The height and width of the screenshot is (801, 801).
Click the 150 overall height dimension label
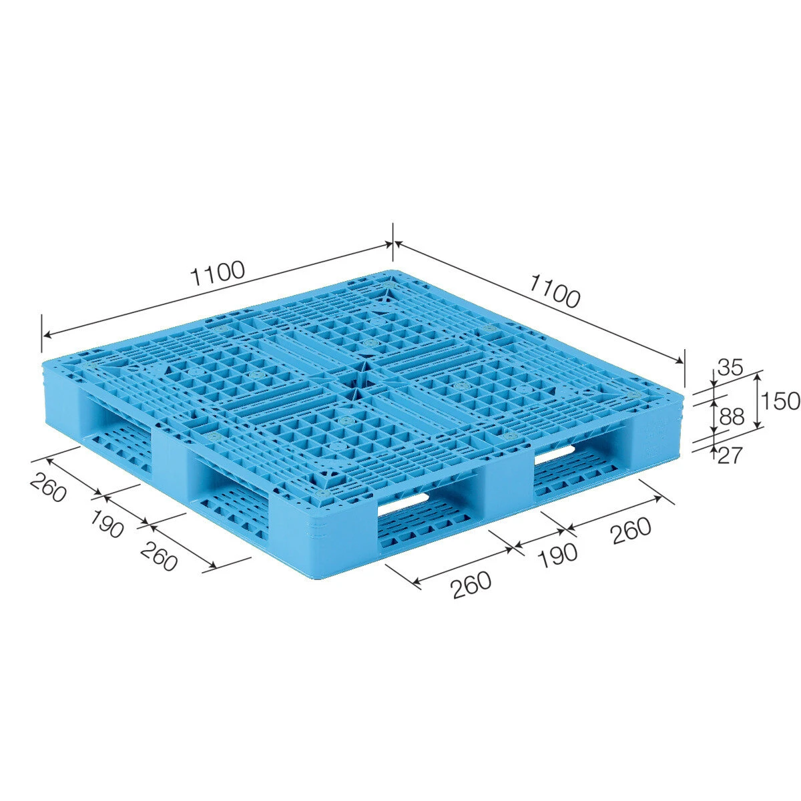pos(780,401)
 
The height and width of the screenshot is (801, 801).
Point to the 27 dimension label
pos(730,455)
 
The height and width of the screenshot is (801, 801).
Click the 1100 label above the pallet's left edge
pos(217,273)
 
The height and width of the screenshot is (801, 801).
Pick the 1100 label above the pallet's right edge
pos(554,292)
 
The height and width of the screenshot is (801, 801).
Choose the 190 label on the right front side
pos(558,554)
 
